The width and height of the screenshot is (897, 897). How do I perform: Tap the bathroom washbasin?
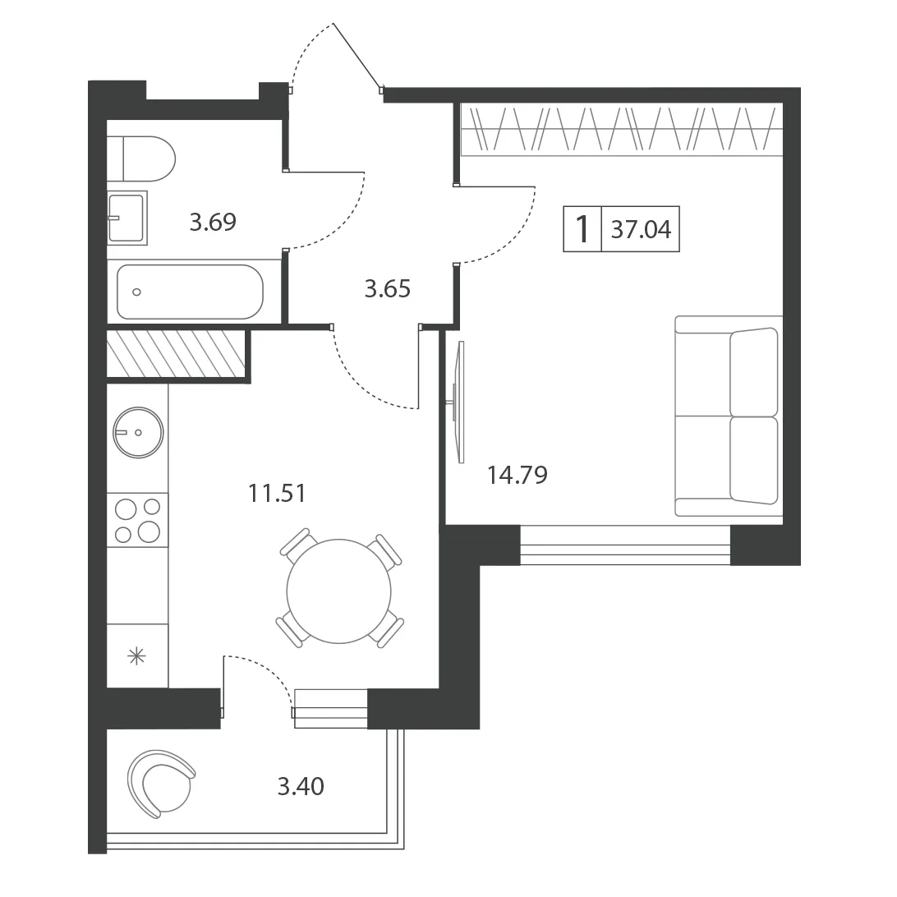[127, 218]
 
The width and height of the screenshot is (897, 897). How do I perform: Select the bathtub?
[190, 292]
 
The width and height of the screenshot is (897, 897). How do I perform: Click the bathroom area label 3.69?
[213, 222]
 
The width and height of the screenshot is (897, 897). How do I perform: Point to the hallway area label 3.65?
[387, 289]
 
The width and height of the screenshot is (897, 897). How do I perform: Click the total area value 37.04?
[641, 229]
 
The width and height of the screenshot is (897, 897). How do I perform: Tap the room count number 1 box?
[582, 229]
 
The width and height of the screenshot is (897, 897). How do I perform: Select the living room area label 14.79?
[517, 475]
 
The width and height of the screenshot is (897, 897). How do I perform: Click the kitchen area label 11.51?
[277, 493]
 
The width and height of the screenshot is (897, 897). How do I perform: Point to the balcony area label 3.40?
[301, 787]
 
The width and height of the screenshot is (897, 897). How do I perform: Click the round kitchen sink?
[138, 432]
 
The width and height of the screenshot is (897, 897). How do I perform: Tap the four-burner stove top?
[137, 520]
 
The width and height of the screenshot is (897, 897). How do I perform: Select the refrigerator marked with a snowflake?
[137, 655]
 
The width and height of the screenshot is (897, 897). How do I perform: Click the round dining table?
[338, 591]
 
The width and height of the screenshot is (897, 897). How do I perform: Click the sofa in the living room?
[729, 416]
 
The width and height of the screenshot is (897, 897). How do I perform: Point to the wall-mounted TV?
[459, 402]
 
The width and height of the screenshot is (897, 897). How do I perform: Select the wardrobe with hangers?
[621, 129]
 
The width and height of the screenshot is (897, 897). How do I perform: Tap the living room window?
[625, 545]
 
